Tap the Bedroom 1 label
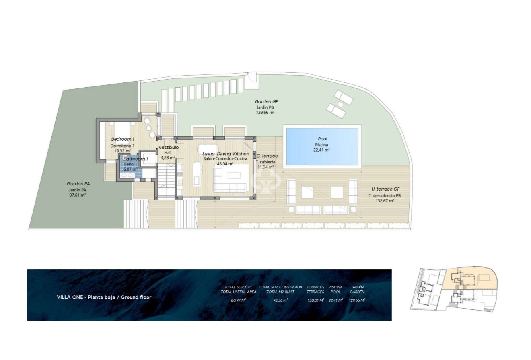123,139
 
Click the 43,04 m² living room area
225,164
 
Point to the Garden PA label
78,184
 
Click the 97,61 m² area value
77,195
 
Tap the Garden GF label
266,102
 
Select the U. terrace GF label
385,189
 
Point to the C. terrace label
267,156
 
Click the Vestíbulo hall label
168,147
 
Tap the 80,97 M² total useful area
239,300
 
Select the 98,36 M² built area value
280,300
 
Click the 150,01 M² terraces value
315,300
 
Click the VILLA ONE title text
104,297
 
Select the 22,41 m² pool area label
322,150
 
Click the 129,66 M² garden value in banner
357,300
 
